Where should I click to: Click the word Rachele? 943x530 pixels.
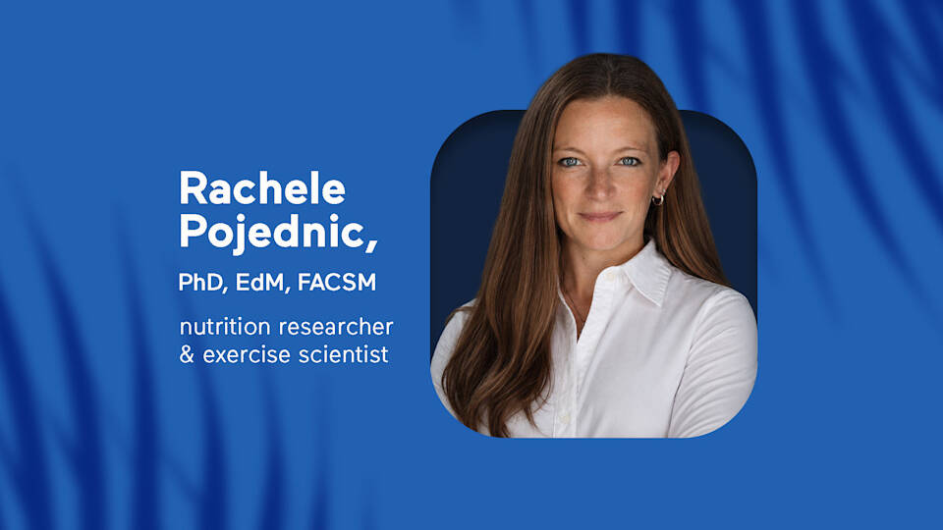tap(262, 188)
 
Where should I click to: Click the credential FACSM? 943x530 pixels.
tap(337, 283)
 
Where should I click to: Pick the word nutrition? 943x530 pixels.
tap(225, 327)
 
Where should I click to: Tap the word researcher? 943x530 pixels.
tap(336, 327)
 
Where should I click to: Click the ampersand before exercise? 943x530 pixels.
tap(187, 354)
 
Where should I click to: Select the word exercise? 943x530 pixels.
tap(247, 354)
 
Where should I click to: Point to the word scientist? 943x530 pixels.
tap(344, 354)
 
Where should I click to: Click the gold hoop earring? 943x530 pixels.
tap(658, 199)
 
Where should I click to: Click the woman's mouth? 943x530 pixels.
tap(599, 216)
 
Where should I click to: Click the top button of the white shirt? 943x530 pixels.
tap(610, 276)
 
